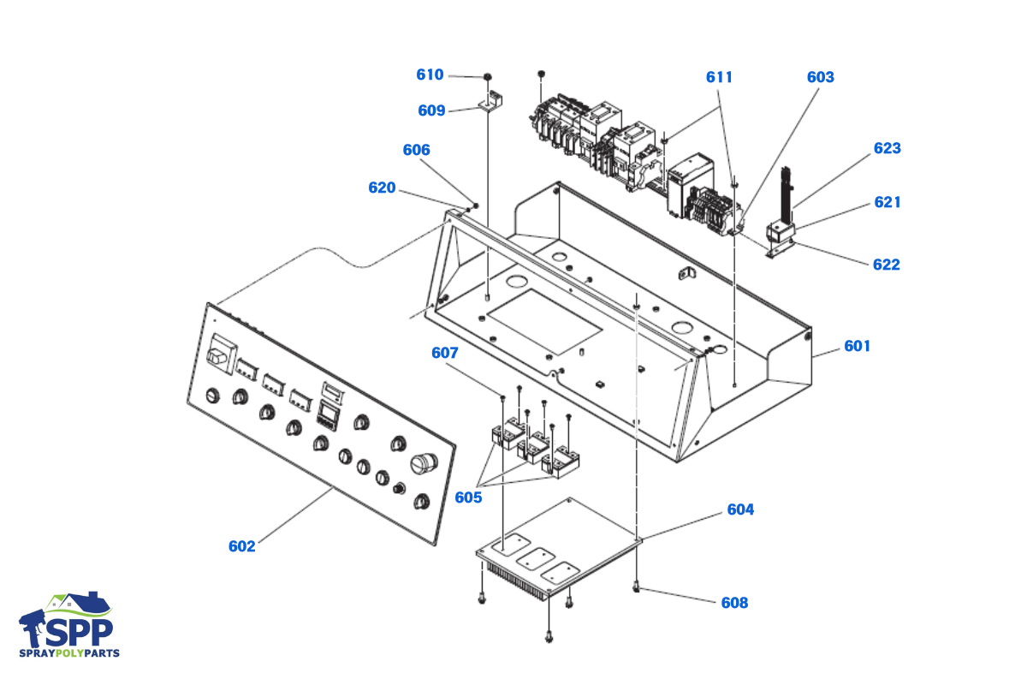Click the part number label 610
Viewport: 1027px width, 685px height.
pyautogui.click(x=430, y=74)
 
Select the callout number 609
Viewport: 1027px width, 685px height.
pyautogui.click(x=431, y=110)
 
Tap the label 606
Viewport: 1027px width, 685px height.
pyautogui.click(x=416, y=150)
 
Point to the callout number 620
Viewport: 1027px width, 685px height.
pyautogui.click(x=382, y=188)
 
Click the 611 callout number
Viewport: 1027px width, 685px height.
pyautogui.click(x=719, y=77)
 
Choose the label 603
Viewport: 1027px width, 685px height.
pyautogui.click(x=820, y=77)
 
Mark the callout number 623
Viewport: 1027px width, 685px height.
pyautogui.click(x=887, y=148)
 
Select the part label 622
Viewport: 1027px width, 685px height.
pyautogui.click(x=887, y=265)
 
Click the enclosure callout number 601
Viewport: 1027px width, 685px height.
pyautogui.click(x=857, y=346)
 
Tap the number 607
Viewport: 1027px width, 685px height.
pyautogui.click(x=445, y=353)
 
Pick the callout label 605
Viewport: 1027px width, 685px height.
pyautogui.click(x=468, y=497)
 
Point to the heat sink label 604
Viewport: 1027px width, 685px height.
pyautogui.click(x=740, y=509)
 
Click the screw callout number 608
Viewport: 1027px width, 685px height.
pyautogui.click(x=734, y=603)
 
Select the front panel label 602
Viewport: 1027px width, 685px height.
pyautogui.click(x=241, y=546)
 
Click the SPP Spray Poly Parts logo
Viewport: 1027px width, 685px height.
pyautogui.click(x=68, y=625)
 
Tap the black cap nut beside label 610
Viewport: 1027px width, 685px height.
pyautogui.click(x=487, y=76)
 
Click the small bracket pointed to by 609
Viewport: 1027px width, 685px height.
pyautogui.click(x=491, y=101)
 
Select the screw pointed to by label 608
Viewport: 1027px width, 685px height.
pyautogui.click(x=636, y=587)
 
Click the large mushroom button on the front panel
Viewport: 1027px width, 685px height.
pyautogui.click(x=423, y=463)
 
